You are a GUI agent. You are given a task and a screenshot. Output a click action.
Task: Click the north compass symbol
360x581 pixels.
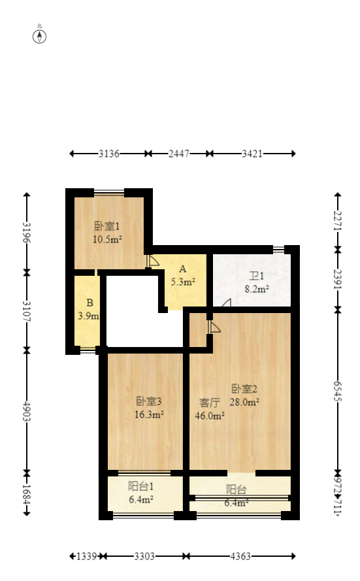click(40, 35)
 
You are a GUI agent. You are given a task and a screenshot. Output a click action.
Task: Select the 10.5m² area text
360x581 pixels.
click(108, 239)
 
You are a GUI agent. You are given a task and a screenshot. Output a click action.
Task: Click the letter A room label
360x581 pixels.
click(183, 269)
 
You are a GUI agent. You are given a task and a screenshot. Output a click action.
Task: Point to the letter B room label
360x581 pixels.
click(90, 303)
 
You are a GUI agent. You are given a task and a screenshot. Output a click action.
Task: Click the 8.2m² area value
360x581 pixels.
click(256, 288)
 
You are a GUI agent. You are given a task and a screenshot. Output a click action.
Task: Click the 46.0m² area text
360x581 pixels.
click(210, 414)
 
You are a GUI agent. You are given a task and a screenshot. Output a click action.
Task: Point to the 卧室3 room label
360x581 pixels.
click(149, 401)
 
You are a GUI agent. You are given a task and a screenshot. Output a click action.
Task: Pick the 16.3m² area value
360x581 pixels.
click(149, 413)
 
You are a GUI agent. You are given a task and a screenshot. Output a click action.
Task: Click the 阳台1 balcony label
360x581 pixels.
click(140, 486)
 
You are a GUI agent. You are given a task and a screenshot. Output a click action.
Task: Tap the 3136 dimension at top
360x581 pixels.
click(109, 154)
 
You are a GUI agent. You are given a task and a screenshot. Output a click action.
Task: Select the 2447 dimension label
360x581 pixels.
click(178, 154)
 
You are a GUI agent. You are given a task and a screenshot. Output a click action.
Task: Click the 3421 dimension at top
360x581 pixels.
click(252, 154)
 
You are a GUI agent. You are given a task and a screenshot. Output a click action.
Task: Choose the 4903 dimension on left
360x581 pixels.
click(27, 412)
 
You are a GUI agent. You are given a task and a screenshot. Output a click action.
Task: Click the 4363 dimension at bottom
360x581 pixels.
click(240, 556)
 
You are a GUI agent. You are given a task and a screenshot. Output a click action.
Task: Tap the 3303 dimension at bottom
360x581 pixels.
click(144, 556)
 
